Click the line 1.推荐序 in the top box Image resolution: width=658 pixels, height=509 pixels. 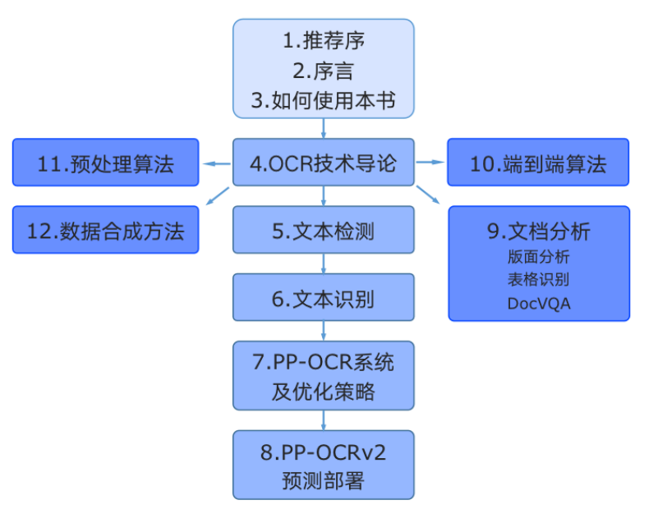(x=324, y=40)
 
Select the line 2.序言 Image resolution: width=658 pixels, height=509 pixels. (x=324, y=71)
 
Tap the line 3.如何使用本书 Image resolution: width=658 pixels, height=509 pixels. (x=324, y=101)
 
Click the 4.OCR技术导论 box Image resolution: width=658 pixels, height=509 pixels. (x=323, y=163)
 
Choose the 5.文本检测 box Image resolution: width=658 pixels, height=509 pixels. (x=323, y=231)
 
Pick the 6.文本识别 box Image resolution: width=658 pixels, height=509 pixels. (x=323, y=298)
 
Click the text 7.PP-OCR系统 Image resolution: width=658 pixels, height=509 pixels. (x=323, y=362)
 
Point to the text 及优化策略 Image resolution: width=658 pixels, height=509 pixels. (x=323, y=392)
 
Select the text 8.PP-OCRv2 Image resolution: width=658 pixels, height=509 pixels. (x=323, y=452)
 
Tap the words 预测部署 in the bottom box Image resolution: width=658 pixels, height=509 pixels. (x=323, y=480)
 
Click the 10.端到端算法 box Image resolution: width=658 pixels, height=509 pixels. (x=538, y=163)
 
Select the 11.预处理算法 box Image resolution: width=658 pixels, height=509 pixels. (x=106, y=163)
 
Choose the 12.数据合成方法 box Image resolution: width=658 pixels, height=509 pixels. (x=106, y=231)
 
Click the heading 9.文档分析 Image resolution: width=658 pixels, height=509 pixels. (x=539, y=231)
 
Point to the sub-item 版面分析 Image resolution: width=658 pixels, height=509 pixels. (x=539, y=256)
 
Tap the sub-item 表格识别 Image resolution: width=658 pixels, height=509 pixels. (x=539, y=279)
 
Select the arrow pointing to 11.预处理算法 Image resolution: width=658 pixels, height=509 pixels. (x=217, y=163)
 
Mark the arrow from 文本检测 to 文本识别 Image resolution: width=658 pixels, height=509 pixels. (x=324, y=264)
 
